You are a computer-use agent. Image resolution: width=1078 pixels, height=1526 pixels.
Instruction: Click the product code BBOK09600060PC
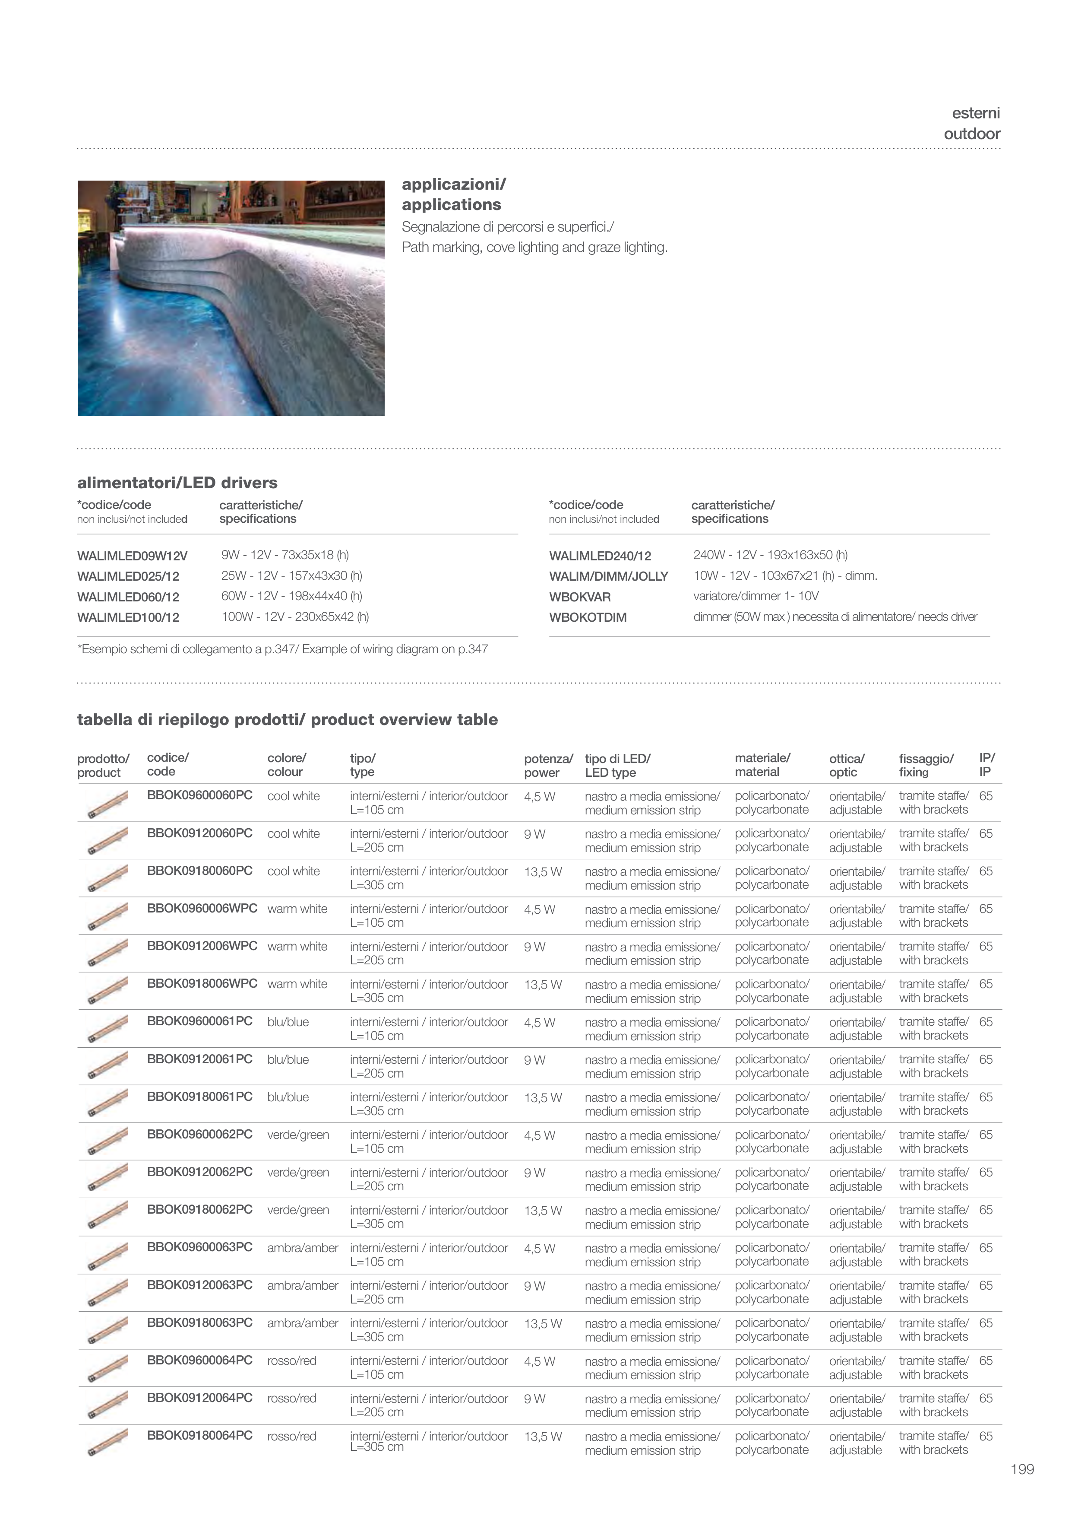point(199,795)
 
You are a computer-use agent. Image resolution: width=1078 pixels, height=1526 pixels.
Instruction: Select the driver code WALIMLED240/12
point(600,556)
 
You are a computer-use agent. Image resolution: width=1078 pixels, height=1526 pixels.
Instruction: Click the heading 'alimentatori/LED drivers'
point(177,483)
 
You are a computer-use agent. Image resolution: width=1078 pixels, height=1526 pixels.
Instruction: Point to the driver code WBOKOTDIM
point(587,617)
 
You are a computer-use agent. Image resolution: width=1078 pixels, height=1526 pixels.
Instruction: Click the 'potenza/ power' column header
point(548,765)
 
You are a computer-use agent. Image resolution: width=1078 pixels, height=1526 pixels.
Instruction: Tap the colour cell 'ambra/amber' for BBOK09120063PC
point(302,1285)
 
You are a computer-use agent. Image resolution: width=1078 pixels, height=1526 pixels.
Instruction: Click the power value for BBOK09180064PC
point(543,1436)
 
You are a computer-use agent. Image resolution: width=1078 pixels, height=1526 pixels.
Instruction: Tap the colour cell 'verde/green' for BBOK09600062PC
point(298,1135)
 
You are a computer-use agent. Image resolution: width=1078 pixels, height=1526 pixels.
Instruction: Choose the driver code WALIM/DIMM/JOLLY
point(608,576)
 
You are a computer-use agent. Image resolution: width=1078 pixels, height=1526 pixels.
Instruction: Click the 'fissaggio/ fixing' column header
point(926,765)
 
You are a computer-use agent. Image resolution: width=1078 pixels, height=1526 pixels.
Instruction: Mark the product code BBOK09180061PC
point(199,1097)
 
